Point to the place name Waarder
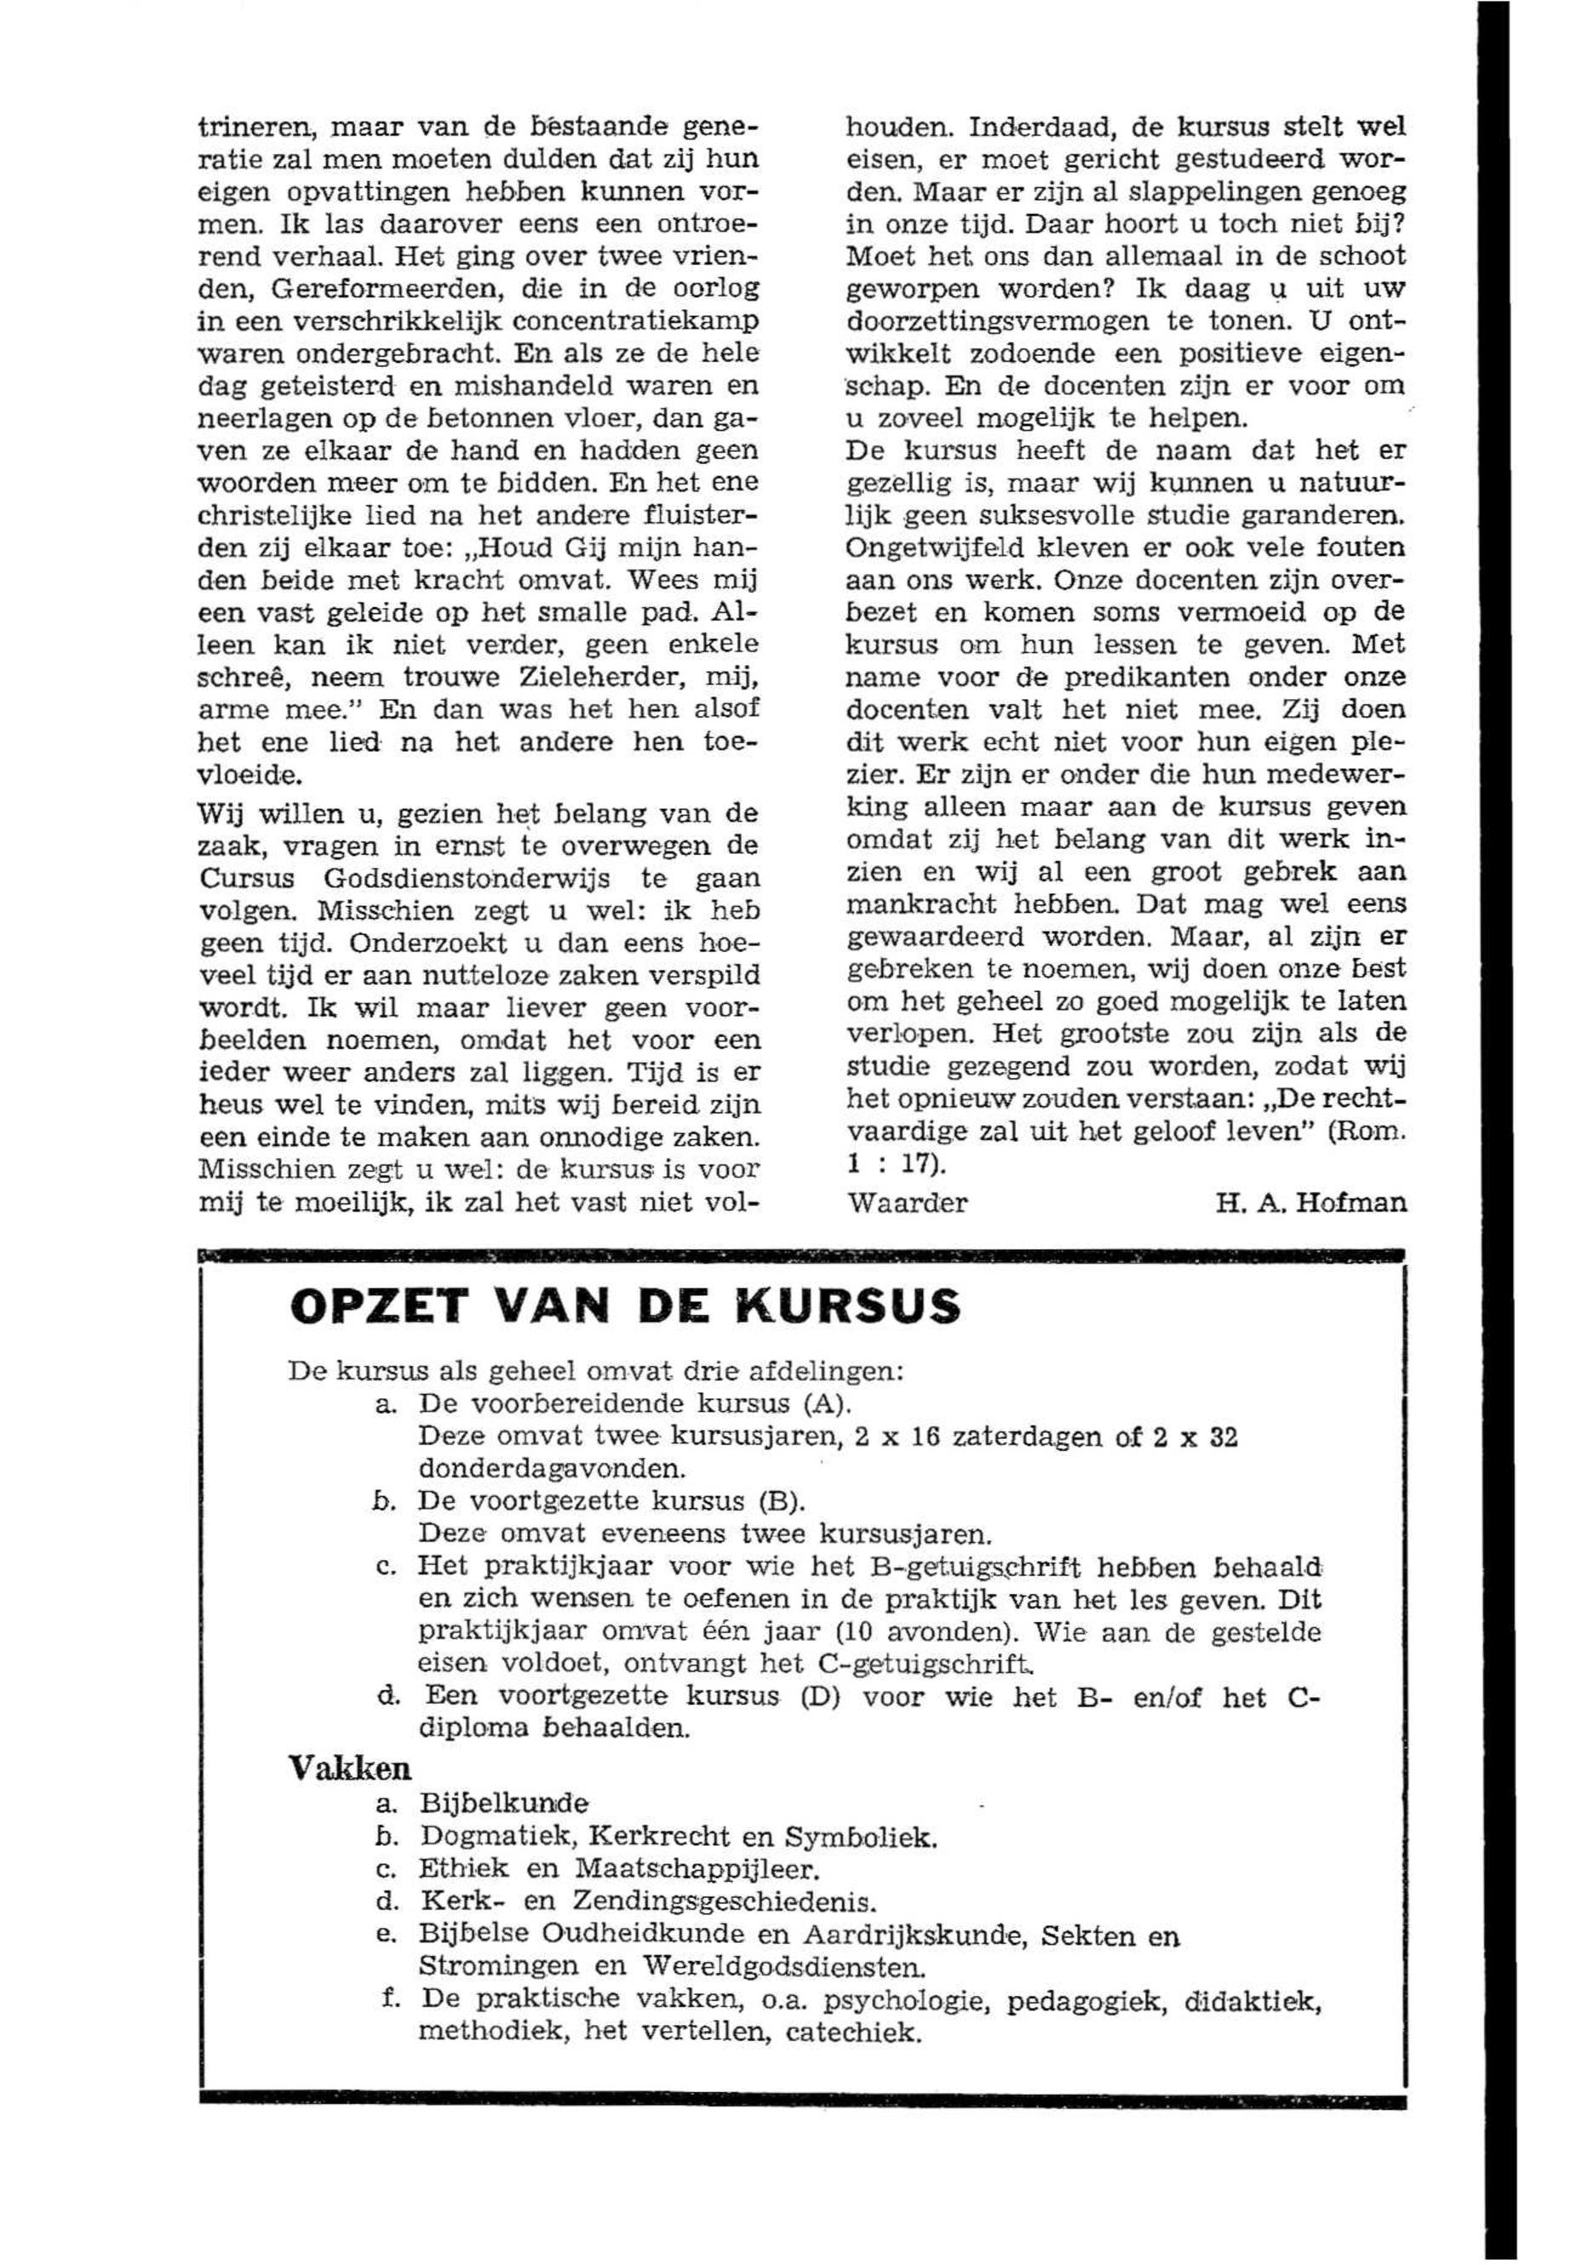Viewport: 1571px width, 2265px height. (x=907, y=1203)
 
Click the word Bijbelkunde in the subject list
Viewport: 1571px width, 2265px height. (x=504, y=1803)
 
